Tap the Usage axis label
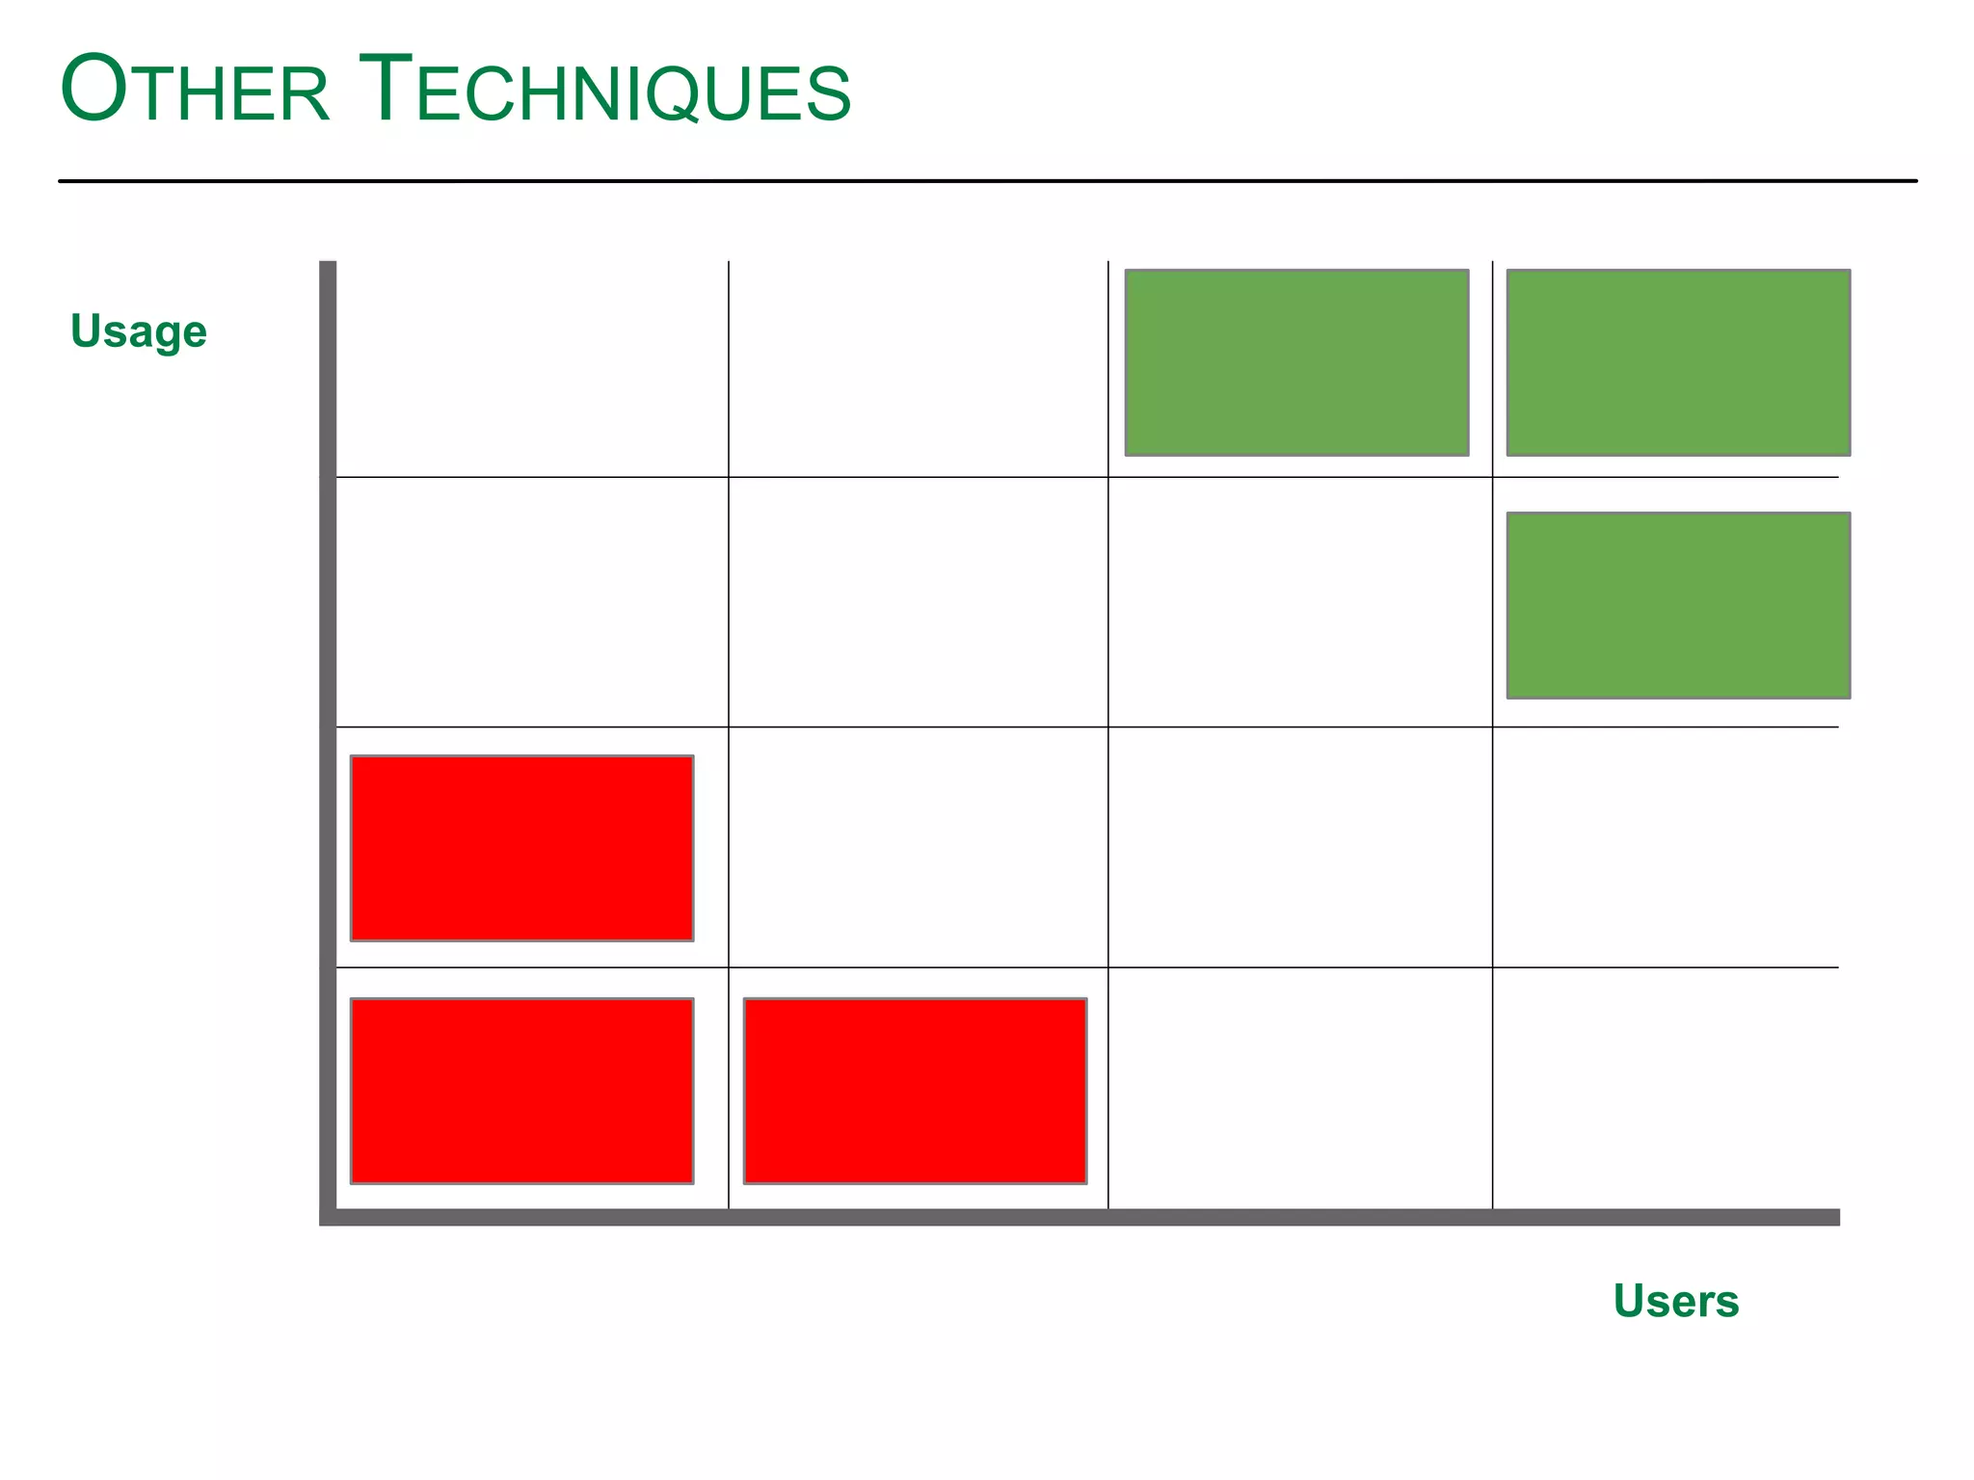[139, 331]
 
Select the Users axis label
[1676, 1301]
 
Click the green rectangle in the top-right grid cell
[1678, 362]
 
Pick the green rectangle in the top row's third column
[1296, 362]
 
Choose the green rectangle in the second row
[1678, 605]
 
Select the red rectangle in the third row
[521, 848]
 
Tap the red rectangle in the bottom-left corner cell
[521, 1091]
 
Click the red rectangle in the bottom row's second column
[915, 1091]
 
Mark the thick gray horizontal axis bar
[1080, 1217]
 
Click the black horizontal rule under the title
[987, 180]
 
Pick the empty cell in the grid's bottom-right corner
[1666, 1088]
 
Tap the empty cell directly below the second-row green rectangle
[1666, 847]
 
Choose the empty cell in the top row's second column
[919, 369]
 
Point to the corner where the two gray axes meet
[328, 1217]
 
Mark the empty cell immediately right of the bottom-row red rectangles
[1300, 1088]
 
